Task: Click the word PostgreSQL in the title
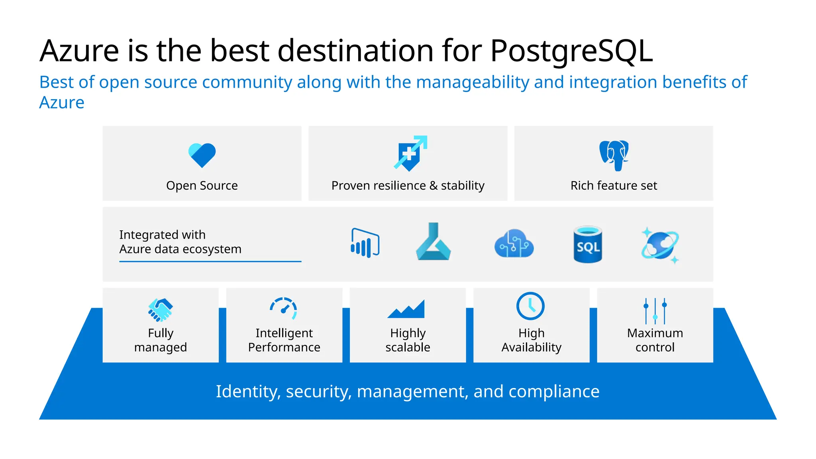pos(571,51)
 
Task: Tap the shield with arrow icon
pos(410,153)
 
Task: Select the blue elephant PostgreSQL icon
pos(614,155)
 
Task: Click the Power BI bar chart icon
pos(365,243)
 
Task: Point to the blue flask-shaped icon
pos(433,243)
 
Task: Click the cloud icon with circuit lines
pos(514,243)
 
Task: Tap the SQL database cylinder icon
pos(588,245)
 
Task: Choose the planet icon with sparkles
pos(660,245)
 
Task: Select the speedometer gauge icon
pos(284,308)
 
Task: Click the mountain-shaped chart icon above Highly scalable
pos(406,310)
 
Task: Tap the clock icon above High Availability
pos(530,306)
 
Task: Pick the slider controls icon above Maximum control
pos(655,311)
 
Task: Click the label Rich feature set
pos(614,186)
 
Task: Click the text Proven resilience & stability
pos(408,186)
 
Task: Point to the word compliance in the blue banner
pos(554,392)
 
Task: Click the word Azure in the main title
pos(79,51)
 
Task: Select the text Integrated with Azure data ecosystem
pos(180,242)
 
